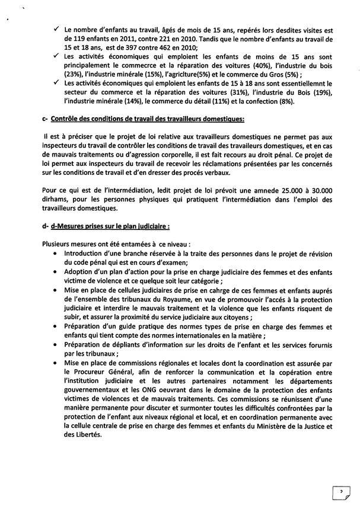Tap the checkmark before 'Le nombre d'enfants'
[x=56, y=28]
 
